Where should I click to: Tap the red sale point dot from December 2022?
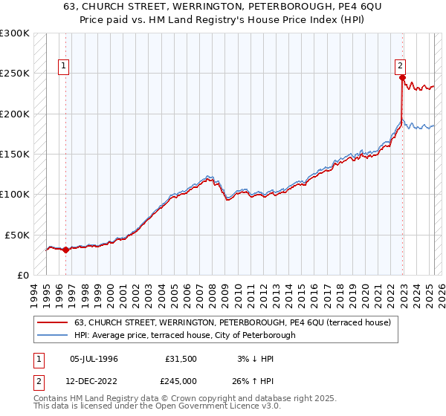[402, 77]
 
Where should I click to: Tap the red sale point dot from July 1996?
[65, 250]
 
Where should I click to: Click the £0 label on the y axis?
[22, 275]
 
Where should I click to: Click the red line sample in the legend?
[53, 322]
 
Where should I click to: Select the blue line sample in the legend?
[53, 335]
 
